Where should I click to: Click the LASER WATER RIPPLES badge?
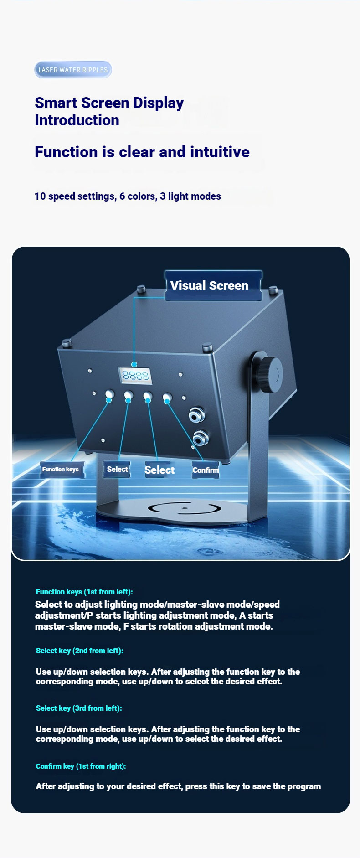(73, 70)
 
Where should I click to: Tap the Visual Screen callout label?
(213, 286)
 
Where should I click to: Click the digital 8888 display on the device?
(135, 376)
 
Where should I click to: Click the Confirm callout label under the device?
(206, 470)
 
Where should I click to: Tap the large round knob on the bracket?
(273, 373)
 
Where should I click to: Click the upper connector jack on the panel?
(196, 416)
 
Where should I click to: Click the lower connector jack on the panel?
(200, 439)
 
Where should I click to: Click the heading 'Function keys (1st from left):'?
(84, 592)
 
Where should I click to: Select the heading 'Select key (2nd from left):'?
(80, 651)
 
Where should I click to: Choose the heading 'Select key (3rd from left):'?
(79, 708)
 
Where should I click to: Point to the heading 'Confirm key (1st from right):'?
(81, 766)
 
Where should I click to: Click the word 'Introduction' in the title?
(77, 120)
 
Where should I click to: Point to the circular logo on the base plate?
(185, 507)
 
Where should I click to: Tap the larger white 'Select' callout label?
(159, 470)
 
